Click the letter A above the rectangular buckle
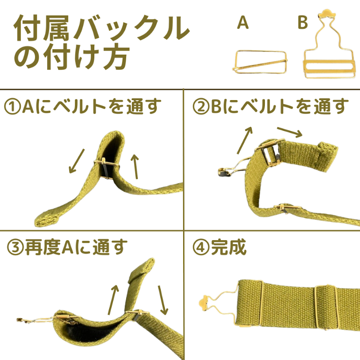243,22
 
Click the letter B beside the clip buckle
303,22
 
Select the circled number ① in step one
13,107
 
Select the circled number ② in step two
201,107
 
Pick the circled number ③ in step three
15,248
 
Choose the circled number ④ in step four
201,248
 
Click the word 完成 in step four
228,247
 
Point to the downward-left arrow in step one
77,161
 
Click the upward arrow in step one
136,167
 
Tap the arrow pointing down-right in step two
290,132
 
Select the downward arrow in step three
163,300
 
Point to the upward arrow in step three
114,300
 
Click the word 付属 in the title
42,28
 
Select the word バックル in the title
132,28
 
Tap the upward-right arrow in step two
245,140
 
